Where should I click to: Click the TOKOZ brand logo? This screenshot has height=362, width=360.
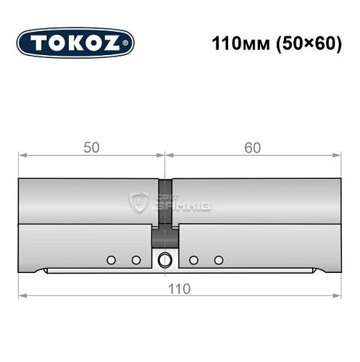tap(75, 43)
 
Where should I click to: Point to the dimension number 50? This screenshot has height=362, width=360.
tap(91, 148)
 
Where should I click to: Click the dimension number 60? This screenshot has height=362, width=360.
tap(253, 148)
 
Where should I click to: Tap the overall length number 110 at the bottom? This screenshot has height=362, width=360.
tap(179, 288)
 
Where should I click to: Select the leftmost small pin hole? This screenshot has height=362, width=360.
tap(111, 259)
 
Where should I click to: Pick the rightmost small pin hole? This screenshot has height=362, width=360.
tap(218, 259)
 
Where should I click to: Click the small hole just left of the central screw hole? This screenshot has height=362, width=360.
tap(135, 259)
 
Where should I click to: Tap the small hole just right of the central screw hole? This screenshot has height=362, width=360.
tap(193, 259)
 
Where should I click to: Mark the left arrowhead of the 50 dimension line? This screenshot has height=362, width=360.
tap(22, 155)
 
